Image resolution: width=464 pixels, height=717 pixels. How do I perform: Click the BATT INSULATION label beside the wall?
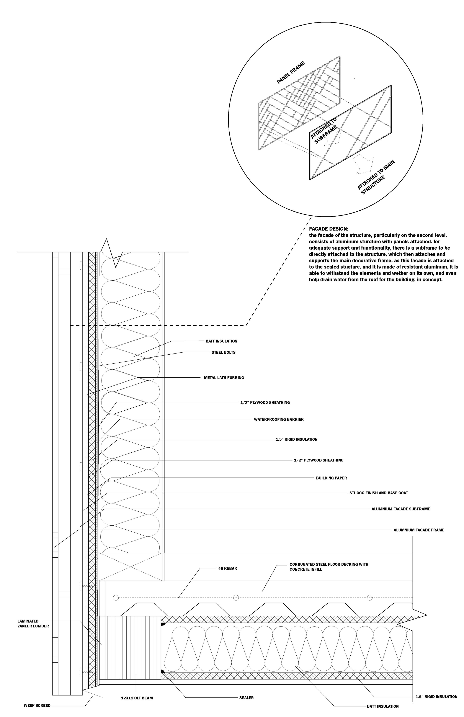coord(221,341)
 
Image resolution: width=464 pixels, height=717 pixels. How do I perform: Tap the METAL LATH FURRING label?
coord(224,377)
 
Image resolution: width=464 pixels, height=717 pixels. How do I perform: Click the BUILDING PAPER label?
coord(331,478)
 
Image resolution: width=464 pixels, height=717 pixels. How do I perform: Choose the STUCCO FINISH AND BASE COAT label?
coord(378,493)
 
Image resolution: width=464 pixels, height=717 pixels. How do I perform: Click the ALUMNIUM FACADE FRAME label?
coord(419,530)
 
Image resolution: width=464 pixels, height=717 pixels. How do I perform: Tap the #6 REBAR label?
coord(228,568)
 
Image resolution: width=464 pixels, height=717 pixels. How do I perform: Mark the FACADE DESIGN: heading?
coord(328,229)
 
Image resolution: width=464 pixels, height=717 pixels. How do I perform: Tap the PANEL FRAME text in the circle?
coord(291,72)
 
